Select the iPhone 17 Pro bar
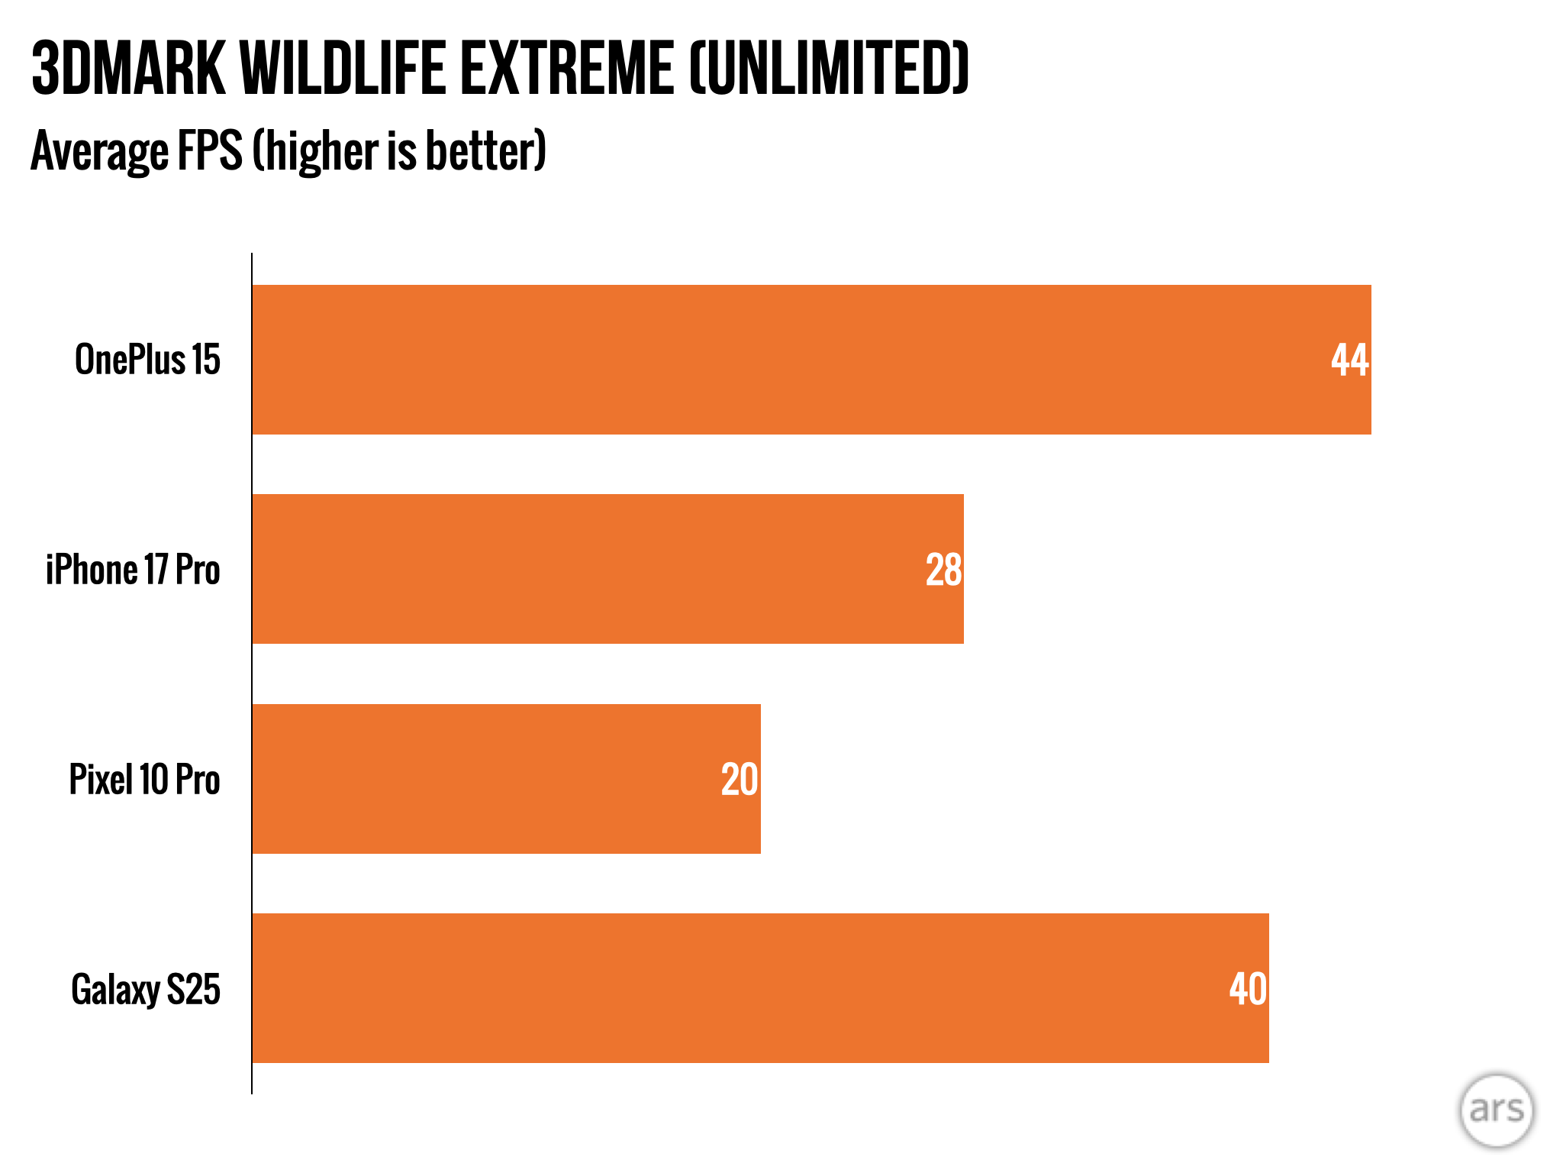pyautogui.click(x=607, y=569)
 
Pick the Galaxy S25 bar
pyautogui.click(x=759, y=988)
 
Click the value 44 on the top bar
pyautogui.click(x=1349, y=360)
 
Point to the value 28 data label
pyautogui.click(x=943, y=570)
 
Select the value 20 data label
pyautogui.click(x=739, y=780)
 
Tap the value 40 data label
pyautogui.click(x=1248, y=989)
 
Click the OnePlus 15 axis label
pyautogui.click(x=147, y=360)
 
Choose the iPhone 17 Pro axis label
pyautogui.click(x=133, y=570)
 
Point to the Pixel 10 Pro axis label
pyautogui.click(x=144, y=780)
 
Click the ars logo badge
pyautogui.click(x=1497, y=1110)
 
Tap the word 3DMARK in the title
pyautogui.click(x=128, y=69)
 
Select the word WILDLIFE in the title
pyautogui.click(x=343, y=69)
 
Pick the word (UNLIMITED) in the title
pyautogui.click(x=829, y=69)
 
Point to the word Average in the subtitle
pyautogui.click(x=99, y=150)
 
